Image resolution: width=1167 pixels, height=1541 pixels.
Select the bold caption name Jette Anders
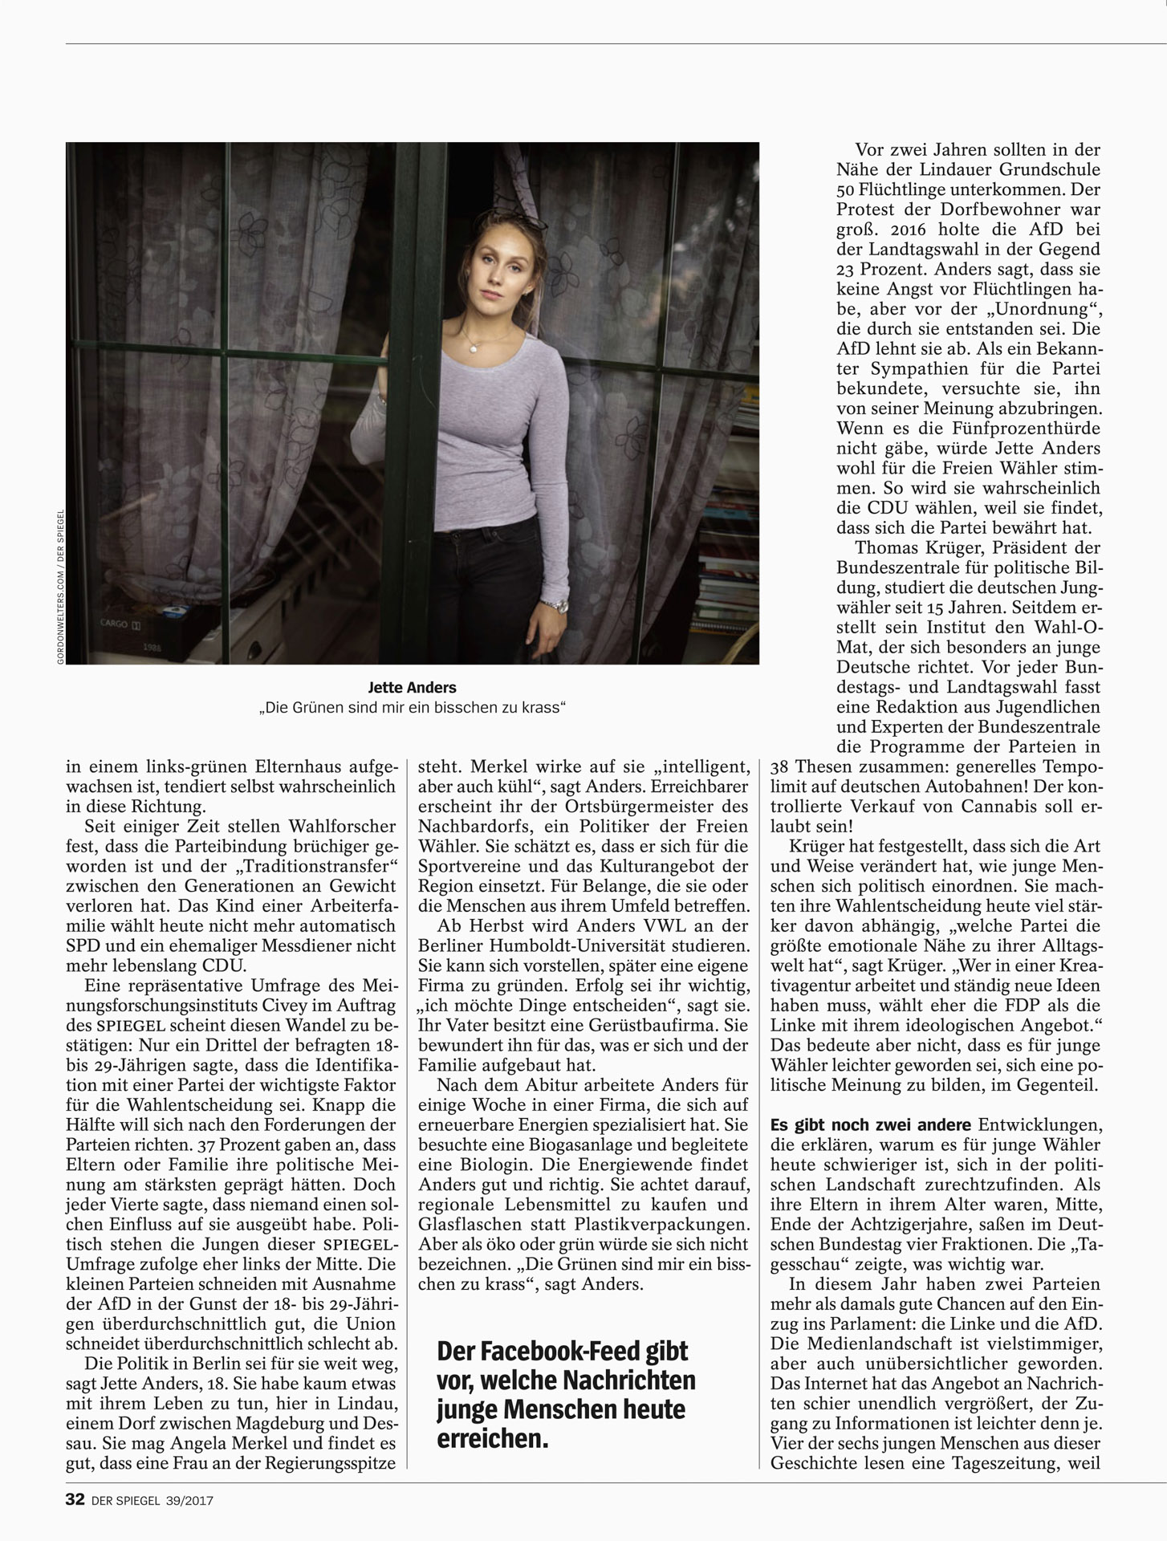coord(412,688)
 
